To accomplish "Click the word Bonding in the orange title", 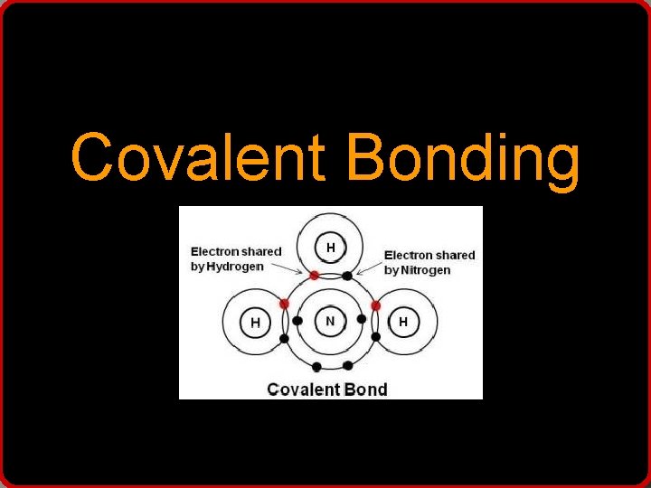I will click(462, 159).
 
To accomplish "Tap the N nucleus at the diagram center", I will click(330, 321).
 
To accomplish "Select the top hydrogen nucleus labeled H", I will click(331, 247).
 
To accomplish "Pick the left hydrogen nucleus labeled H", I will click(256, 323).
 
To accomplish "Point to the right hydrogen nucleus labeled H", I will click(403, 322).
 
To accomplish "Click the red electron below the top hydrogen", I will click(314, 275).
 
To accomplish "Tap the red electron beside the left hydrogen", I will click(284, 305).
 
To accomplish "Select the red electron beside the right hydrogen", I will click(375, 305).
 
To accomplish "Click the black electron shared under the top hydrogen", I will click(347, 276).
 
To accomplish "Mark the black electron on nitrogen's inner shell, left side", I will click(298, 320).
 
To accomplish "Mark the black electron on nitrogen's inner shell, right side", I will click(362, 319).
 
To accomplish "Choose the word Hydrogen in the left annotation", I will click(236, 267).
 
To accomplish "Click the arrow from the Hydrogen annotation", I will click(297, 268).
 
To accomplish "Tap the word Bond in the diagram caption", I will click(365, 389).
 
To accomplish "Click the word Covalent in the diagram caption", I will click(304, 389).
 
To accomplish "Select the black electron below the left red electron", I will click(284, 338).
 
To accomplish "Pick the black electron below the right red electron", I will click(375, 337).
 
